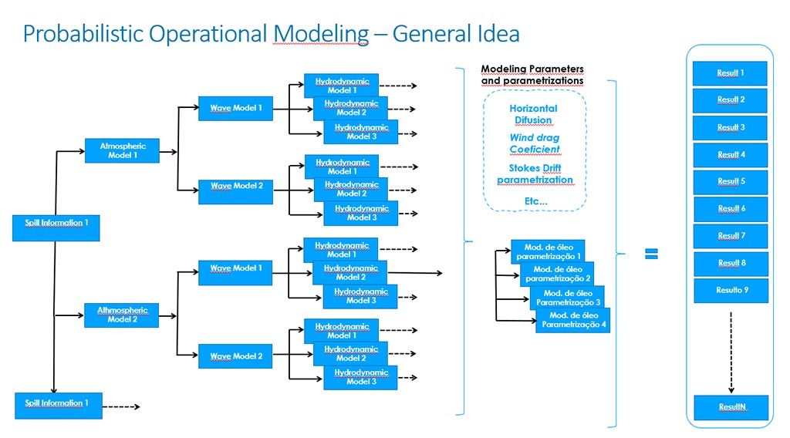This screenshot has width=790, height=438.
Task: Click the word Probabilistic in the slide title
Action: (85, 34)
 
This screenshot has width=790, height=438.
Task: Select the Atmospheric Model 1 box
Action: (122, 150)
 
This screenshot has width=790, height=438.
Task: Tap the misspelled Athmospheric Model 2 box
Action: (122, 315)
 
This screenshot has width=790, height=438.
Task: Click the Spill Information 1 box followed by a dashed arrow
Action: (58, 405)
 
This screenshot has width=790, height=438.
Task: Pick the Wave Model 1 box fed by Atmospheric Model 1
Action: (235, 109)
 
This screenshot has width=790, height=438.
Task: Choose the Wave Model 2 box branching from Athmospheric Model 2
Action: (235, 357)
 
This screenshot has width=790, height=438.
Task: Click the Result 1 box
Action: (730, 73)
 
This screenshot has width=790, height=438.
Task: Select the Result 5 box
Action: (730, 182)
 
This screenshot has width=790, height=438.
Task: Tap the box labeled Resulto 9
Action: (730, 291)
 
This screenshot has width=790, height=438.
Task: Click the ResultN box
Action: (730, 407)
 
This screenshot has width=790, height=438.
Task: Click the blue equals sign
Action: (651, 254)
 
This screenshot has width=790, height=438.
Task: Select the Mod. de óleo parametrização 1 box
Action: (549, 251)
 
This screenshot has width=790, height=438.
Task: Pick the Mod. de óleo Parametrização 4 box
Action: (572, 321)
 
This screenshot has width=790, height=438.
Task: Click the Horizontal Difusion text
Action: (533, 114)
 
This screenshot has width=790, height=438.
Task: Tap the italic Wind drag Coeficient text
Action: (534, 143)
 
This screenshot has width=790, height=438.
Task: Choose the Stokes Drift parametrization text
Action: (535, 174)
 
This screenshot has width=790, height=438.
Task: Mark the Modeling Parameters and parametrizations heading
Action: (532, 75)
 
